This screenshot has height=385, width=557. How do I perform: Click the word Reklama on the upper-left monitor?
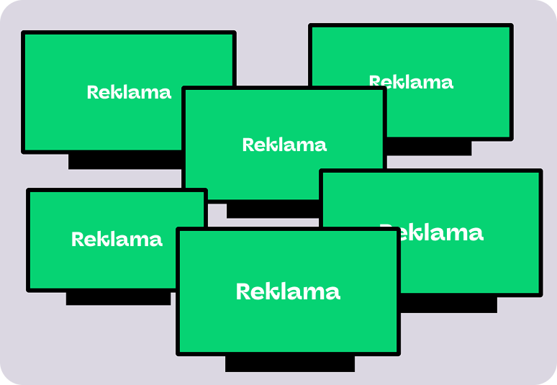click(x=129, y=92)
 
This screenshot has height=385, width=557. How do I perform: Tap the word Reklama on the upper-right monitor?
click(x=411, y=81)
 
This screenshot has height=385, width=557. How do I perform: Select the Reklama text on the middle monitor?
click(x=284, y=145)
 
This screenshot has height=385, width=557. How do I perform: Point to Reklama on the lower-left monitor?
click(x=117, y=239)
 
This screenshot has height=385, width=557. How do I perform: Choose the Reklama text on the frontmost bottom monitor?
click(x=288, y=291)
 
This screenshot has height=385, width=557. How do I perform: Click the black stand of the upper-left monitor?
click(x=125, y=162)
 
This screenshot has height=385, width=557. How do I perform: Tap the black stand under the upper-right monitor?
click(x=429, y=147)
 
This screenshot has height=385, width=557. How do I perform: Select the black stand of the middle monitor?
click(x=273, y=209)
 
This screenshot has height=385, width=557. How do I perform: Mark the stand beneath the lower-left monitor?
click(x=118, y=298)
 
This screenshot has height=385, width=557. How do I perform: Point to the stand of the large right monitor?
click(x=449, y=304)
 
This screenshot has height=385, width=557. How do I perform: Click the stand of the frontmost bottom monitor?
click(x=290, y=363)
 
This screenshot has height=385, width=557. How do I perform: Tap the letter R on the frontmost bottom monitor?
click(x=243, y=291)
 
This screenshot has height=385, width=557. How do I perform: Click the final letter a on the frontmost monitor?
click(x=333, y=294)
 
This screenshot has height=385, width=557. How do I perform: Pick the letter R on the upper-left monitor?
click(x=92, y=92)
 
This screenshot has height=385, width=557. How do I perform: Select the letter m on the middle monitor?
click(x=304, y=146)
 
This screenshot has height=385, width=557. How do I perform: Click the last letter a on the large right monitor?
click(x=476, y=235)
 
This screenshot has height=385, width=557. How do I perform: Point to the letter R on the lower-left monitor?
click(x=78, y=239)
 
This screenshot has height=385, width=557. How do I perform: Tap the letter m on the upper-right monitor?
click(x=430, y=83)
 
